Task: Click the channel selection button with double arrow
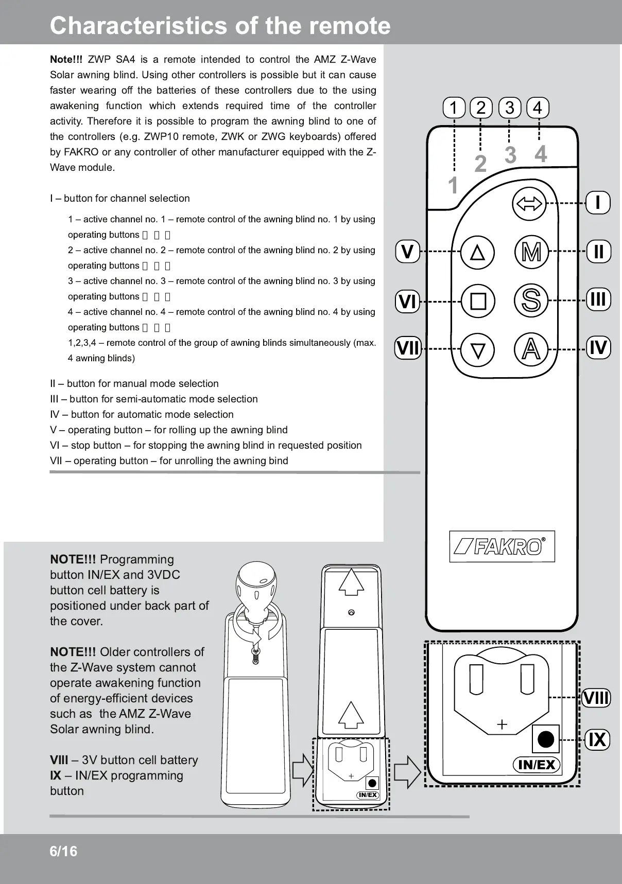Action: pos(529,204)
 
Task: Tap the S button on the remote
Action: pos(531,300)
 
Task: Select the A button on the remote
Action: pos(531,349)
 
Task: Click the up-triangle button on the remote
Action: pos(478,252)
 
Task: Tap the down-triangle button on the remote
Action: pos(478,350)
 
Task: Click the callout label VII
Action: pos(408,348)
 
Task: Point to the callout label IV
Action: pos(598,347)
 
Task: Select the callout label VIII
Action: pos(596,698)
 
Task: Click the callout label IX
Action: pos(597,739)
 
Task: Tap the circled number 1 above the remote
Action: pos(454,108)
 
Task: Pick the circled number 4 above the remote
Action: pos(538,108)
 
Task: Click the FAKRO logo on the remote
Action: pos(502,546)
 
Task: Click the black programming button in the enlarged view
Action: pos(545,739)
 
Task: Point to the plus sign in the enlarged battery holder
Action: pos(502,724)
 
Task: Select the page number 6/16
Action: pos(63,852)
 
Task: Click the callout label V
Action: pos(408,252)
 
